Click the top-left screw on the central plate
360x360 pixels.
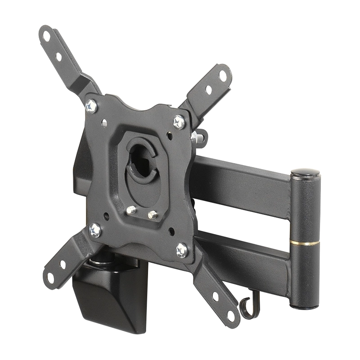pos(91,106)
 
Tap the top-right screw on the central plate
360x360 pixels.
pos(179,121)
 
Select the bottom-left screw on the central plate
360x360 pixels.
pos(95,230)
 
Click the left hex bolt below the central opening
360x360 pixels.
pos(131,209)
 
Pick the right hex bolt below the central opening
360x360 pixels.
pos(152,215)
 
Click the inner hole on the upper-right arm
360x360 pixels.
pos(208,90)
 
